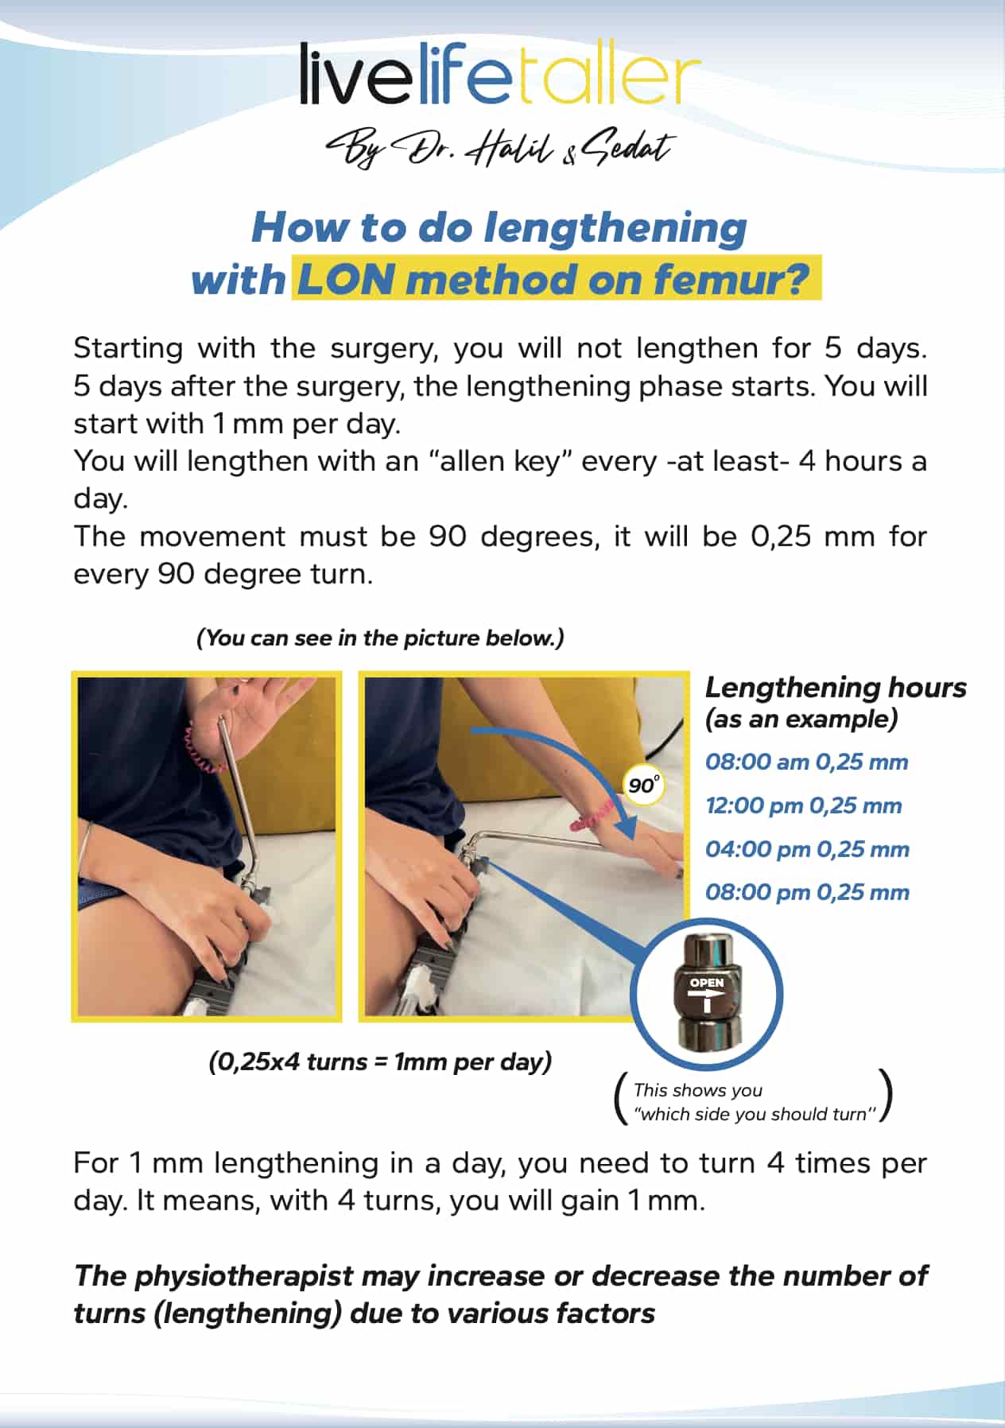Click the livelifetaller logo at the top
500,74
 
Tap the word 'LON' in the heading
346,280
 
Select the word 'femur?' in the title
731,280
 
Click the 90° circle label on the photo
642,785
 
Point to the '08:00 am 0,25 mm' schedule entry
806,762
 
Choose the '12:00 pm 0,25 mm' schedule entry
803,805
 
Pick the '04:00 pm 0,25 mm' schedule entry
807,849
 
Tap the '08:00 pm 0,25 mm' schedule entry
807,892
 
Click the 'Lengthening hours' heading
836,687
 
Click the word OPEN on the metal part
707,983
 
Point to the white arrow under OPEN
707,1000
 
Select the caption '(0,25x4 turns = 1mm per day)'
380,1061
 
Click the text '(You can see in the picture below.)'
380,638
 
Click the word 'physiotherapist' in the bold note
243,1276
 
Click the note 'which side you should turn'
755,1114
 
